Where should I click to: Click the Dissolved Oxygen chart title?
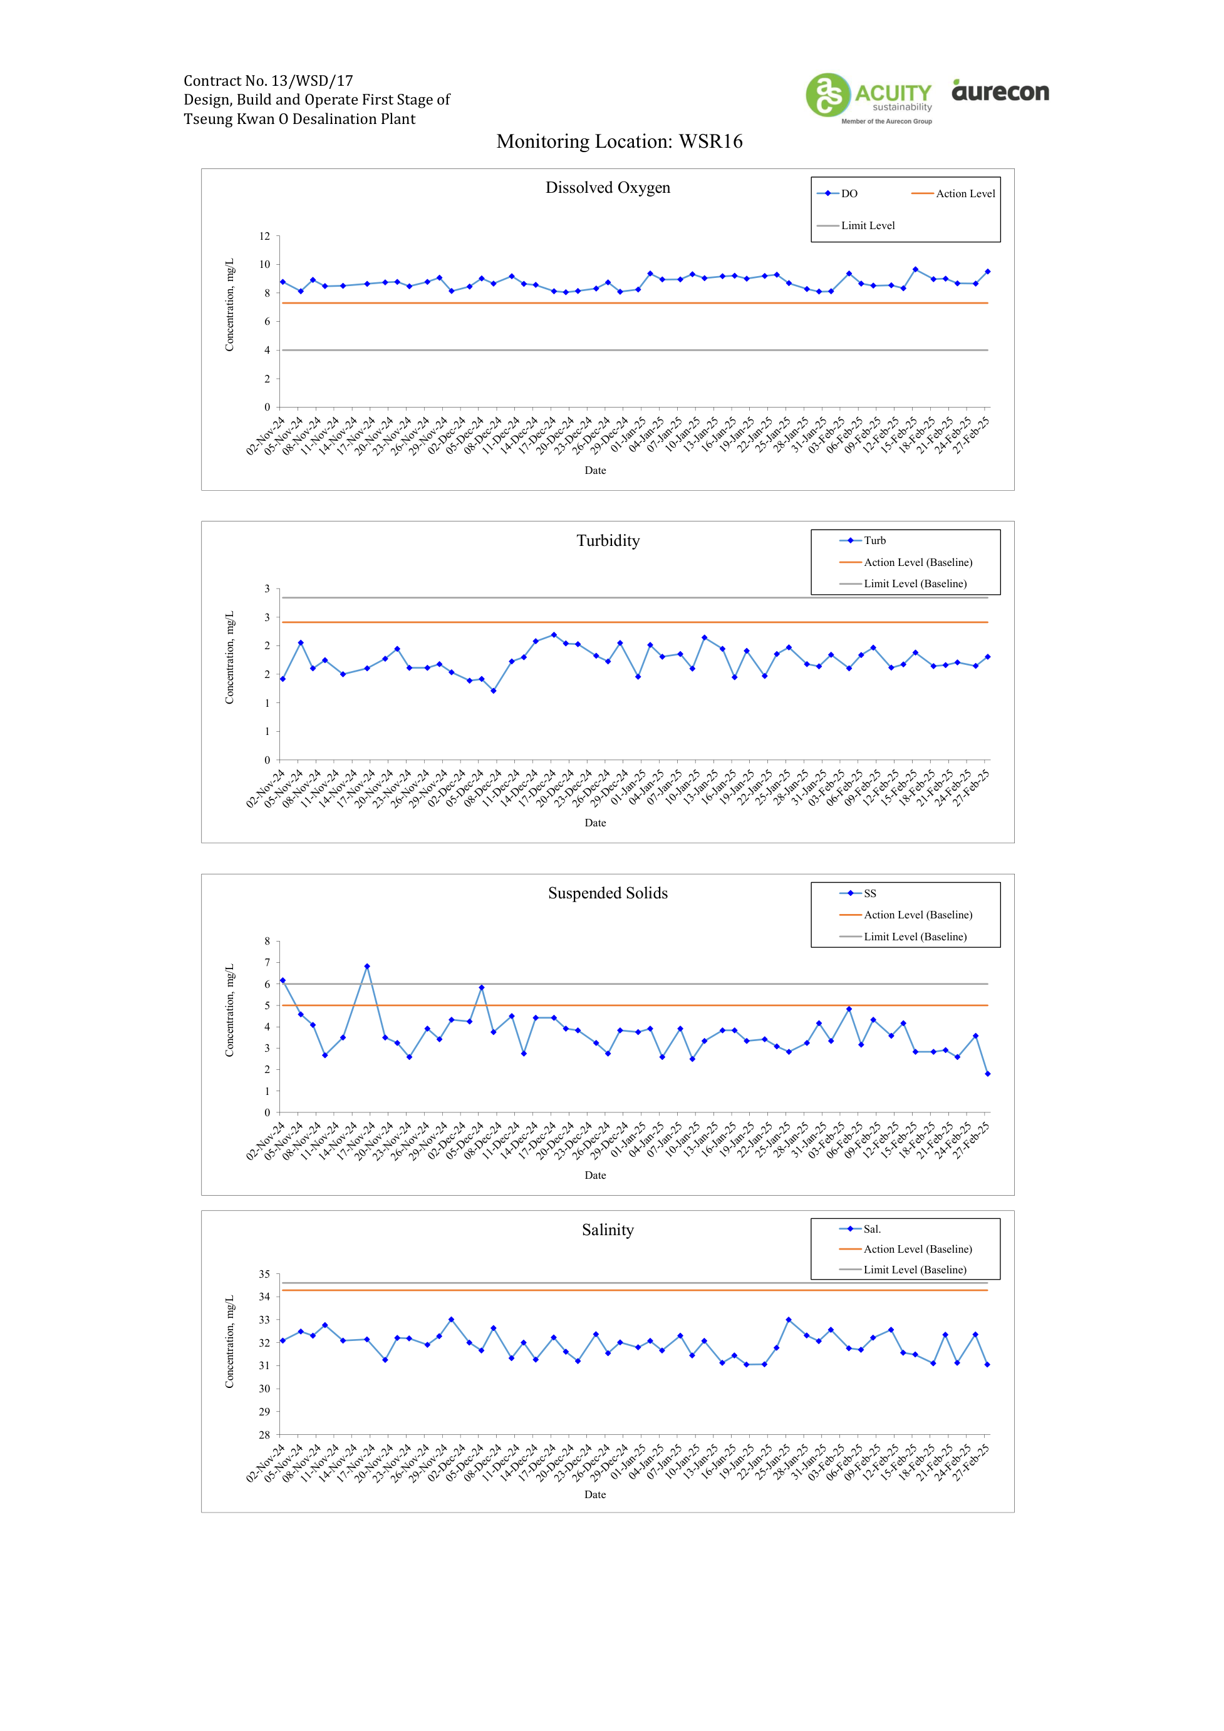point(608,188)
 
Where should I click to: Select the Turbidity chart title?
point(608,540)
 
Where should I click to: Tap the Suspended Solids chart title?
point(608,893)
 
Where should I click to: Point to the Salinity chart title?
point(608,1230)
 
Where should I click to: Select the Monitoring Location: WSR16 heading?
point(619,141)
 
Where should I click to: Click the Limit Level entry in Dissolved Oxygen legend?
point(856,225)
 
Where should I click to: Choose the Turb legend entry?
point(863,540)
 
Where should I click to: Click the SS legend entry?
point(858,893)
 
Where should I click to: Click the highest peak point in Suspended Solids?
point(367,967)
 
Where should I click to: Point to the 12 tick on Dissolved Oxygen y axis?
point(265,236)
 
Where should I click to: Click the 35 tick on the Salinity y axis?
point(265,1274)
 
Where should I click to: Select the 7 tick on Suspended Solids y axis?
point(267,963)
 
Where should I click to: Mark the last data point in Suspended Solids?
point(988,1074)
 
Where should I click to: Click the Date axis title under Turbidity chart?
point(595,823)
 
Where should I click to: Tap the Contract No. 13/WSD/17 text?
point(269,81)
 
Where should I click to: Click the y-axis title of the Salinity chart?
point(229,1342)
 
